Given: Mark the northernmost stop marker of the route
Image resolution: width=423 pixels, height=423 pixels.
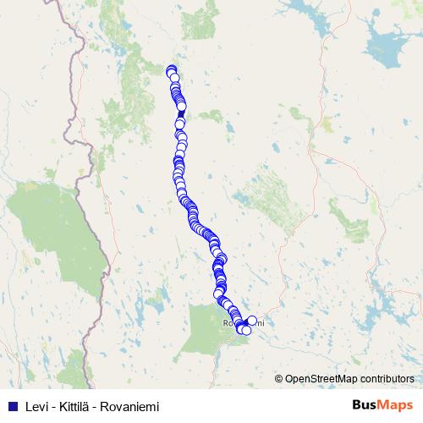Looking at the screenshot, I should click(x=171, y=70).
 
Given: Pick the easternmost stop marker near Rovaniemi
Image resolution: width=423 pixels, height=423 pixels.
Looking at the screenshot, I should click(x=252, y=320).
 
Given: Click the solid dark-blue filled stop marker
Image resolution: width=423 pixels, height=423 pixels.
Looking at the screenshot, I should click(x=180, y=113).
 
